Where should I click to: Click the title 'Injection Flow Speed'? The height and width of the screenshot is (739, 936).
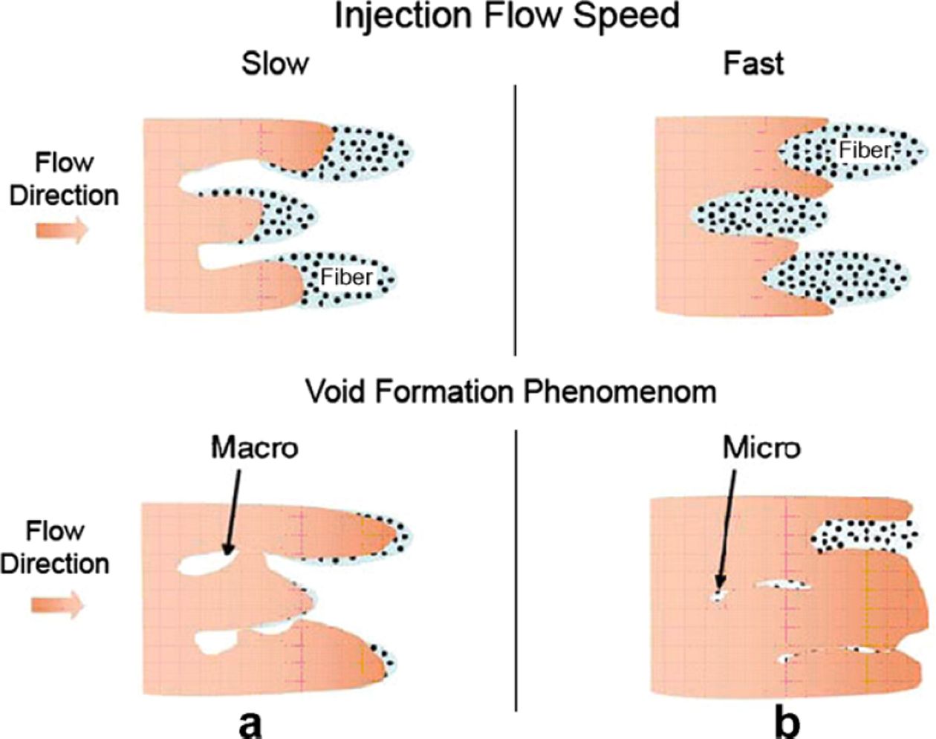coord(507,16)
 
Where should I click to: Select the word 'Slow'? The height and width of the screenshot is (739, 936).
coord(274,64)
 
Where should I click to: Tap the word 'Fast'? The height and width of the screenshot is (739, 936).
coord(753,64)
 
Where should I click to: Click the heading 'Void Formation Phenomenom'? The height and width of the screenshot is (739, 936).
coord(512,391)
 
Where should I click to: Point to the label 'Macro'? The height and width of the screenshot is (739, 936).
coord(255,448)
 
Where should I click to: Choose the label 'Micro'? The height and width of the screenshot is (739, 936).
coord(761,448)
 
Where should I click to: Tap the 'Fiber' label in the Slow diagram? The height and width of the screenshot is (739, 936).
coord(346,277)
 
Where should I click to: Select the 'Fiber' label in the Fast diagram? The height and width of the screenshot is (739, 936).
coord(863,150)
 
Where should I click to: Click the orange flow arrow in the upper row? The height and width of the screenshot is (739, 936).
coord(62,230)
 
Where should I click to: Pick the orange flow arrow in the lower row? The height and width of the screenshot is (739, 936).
coord(58,605)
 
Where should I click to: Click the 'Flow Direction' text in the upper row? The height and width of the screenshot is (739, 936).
coord(64,179)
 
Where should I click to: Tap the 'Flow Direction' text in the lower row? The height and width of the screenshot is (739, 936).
coord(55,547)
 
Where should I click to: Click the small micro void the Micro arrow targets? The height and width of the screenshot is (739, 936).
coord(718,596)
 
